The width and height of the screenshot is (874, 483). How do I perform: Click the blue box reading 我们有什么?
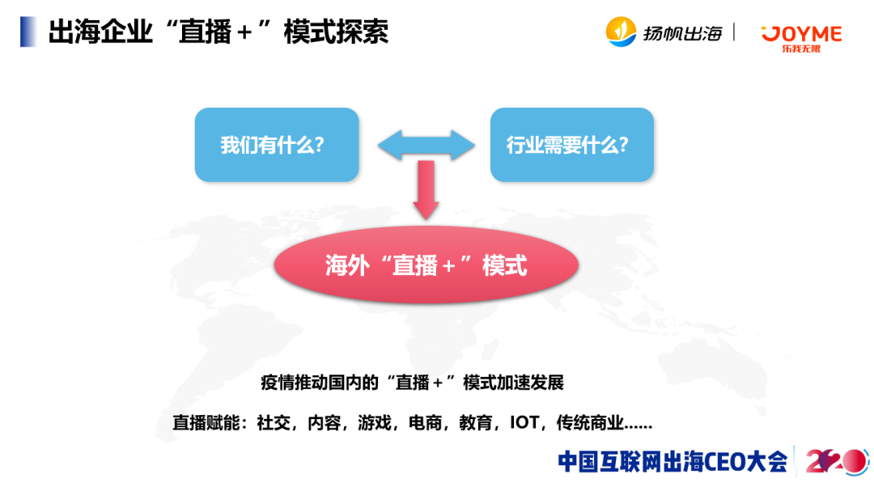tap(276, 145)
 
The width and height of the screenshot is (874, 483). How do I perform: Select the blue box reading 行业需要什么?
tap(571, 145)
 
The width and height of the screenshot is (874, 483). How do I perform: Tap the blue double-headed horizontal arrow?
tap(426, 144)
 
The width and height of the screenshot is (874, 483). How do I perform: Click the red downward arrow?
tap(426, 191)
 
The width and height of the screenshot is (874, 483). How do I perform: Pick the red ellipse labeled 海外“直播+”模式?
tap(426, 265)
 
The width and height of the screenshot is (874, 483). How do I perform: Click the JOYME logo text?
tap(801, 33)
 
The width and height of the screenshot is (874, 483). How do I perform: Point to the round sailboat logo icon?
tap(622, 32)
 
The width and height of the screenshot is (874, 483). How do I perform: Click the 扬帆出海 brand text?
tap(682, 33)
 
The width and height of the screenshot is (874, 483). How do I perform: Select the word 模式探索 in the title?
tap(336, 32)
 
